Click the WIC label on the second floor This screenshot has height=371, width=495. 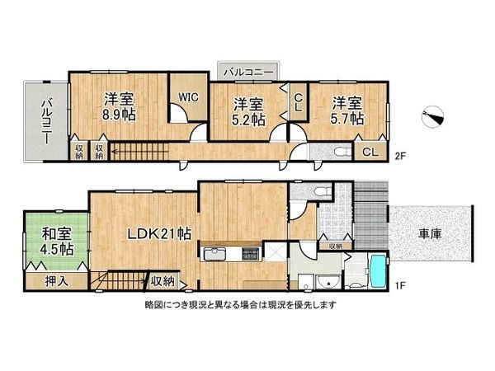coord(188,97)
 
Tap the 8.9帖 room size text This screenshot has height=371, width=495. coord(119,115)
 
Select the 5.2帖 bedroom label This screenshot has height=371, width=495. coord(248,120)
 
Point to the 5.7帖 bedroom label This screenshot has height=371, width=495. coord(346,119)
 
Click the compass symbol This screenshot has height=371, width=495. coord(433,116)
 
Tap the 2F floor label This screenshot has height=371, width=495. coord(400,156)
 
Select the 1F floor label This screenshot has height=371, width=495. coord(399,286)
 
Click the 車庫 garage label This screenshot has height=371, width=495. coord(430,234)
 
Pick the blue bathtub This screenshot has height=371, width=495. coord(378,271)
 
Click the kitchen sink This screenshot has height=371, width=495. coord(215,254)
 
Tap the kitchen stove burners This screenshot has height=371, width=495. coord(251,254)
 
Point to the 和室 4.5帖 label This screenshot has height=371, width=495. coord(57,242)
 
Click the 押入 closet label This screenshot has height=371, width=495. coord(56,281)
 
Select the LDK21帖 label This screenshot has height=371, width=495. coord(159,234)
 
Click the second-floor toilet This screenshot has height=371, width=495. coord(342,152)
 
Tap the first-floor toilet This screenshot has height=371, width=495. coord(323,191)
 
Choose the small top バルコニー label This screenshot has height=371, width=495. coord(248,73)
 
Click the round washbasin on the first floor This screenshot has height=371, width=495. coord(328,282)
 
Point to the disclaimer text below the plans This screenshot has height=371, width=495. coord(241,305)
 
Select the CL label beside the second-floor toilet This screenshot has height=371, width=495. coord(370,152)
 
